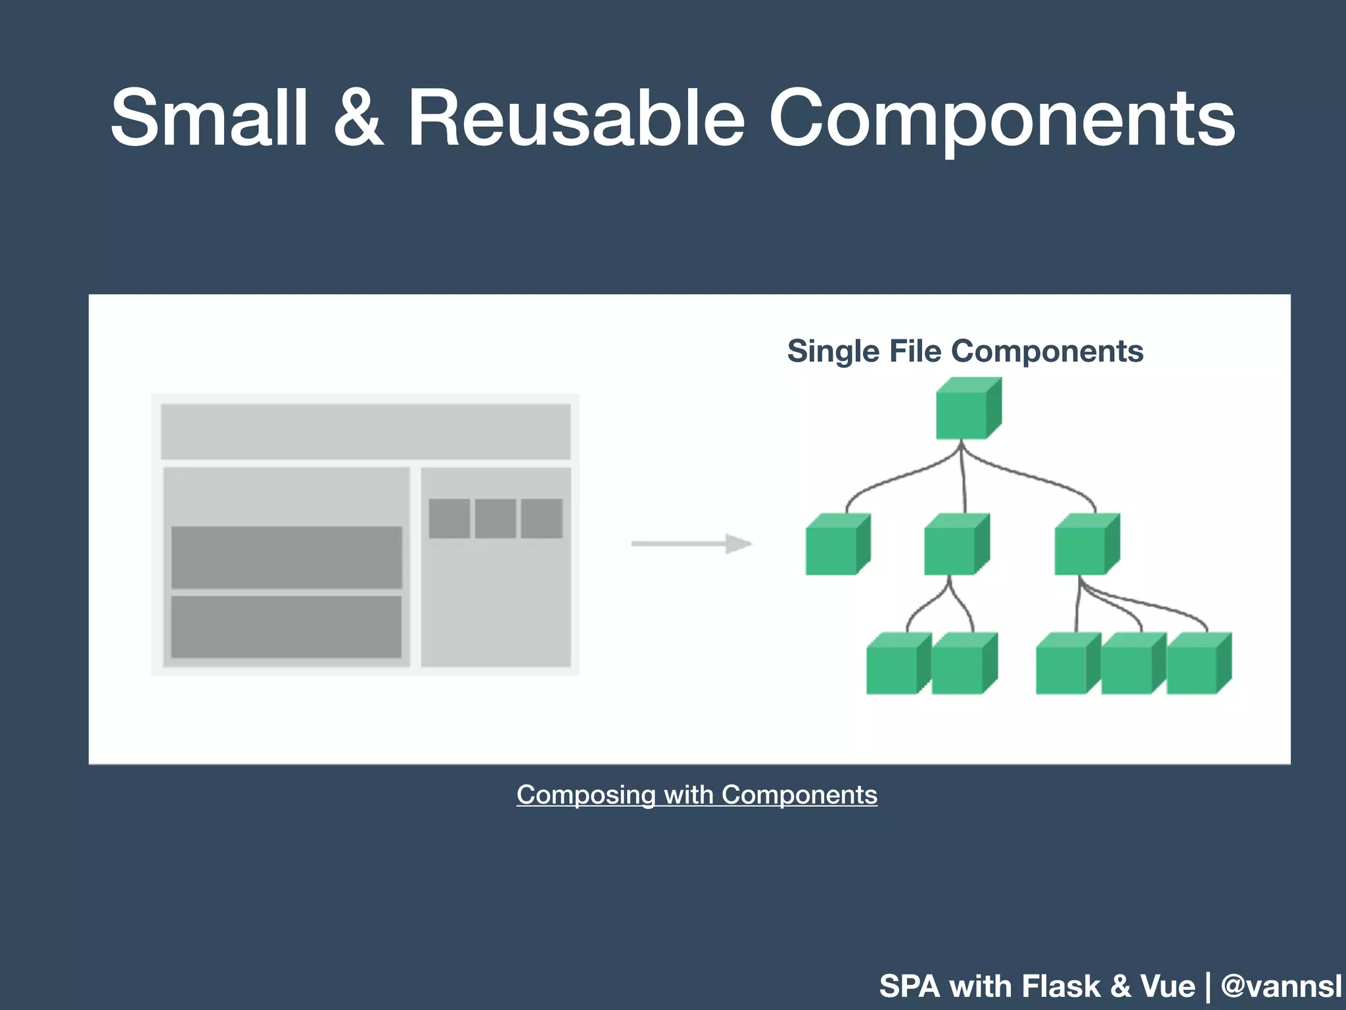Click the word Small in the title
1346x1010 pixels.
tap(209, 118)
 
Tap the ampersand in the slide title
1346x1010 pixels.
tap(358, 118)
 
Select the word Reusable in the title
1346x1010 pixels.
tap(576, 118)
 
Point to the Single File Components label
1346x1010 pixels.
tap(965, 351)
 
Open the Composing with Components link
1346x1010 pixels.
tap(697, 795)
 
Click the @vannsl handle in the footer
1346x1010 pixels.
tap(1281, 986)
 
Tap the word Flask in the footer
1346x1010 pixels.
tap(1061, 986)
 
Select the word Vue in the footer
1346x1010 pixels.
tap(1167, 986)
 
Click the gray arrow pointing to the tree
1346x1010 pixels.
tap(691, 544)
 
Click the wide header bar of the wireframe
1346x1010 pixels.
tap(365, 431)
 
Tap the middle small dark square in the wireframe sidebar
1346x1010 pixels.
tap(496, 519)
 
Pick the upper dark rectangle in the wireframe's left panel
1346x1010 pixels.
tap(287, 557)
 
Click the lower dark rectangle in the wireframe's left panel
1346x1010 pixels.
tap(287, 627)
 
